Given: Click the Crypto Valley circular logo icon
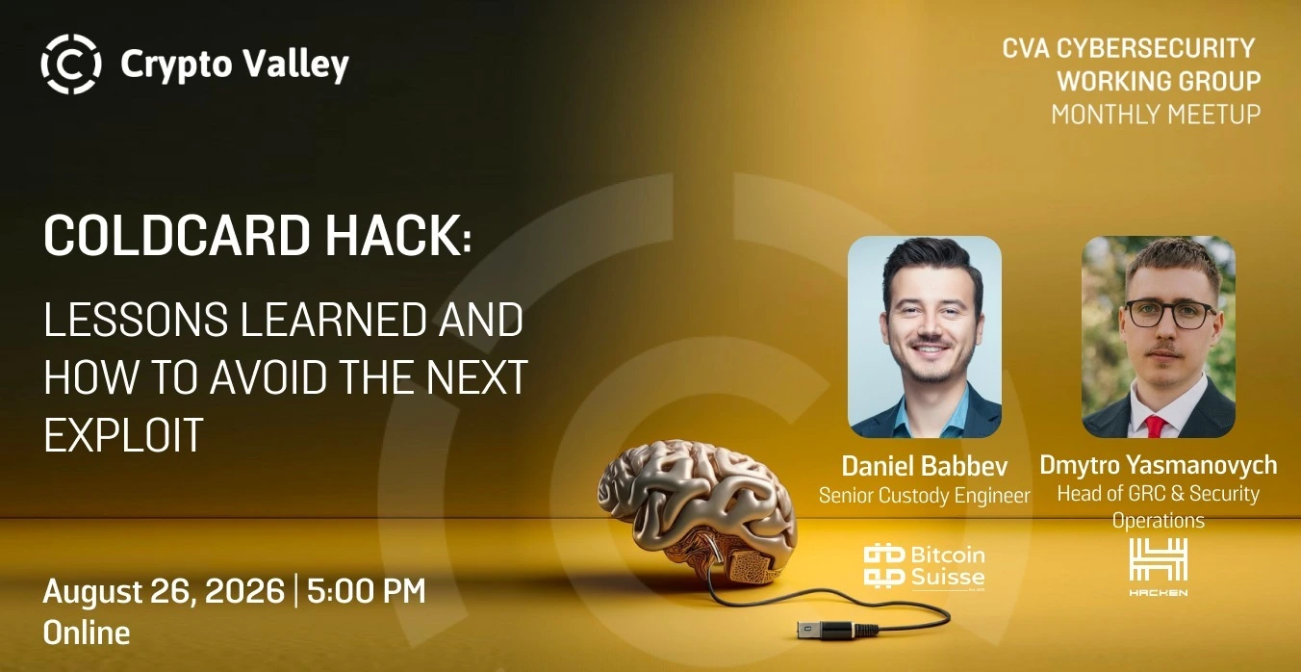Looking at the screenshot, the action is coord(71,64).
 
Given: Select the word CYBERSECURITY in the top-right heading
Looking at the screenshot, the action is coord(1156,48).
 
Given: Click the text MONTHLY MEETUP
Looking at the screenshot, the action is coord(1156,114).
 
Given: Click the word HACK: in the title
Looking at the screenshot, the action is coord(397,236).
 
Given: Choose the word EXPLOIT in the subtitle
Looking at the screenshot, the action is coord(123,435).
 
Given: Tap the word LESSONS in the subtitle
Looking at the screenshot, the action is coord(136,319).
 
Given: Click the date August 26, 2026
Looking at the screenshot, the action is coord(164,591).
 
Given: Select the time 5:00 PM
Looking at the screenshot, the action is coord(366,591).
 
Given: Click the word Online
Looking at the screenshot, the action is coord(87,633).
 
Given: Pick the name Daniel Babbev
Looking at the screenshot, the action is coord(925,466).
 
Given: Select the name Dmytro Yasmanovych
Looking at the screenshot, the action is coord(1159,465).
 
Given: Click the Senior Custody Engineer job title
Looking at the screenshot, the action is coord(925,495).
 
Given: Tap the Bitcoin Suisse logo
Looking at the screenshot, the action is coord(925,567).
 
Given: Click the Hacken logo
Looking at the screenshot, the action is coord(1159,567).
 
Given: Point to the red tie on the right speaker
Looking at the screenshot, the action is coord(1156,426).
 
